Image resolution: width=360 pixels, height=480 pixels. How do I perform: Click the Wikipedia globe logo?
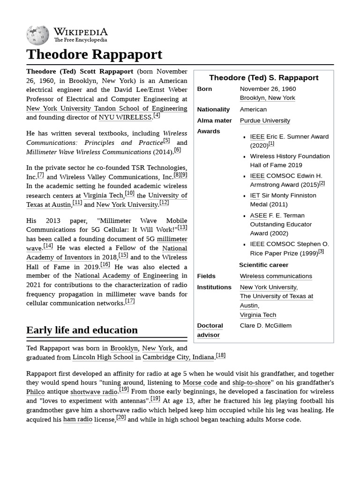pyautogui.click(x=37, y=35)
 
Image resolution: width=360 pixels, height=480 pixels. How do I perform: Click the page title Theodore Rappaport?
pyautogui.click(x=94, y=54)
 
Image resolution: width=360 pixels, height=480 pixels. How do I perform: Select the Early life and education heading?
pyautogui.click(x=82, y=330)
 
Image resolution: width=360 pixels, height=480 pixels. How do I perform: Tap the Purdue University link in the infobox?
pyautogui.click(x=265, y=120)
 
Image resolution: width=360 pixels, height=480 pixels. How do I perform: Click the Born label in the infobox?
pyautogui.click(x=204, y=89)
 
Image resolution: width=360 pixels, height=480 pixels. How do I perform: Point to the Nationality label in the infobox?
pyautogui.click(x=213, y=109)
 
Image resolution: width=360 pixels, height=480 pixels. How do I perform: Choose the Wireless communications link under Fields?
pyautogui.click(x=276, y=276)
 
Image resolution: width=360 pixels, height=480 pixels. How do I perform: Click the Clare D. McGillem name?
pyautogui.click(x=265, y=325)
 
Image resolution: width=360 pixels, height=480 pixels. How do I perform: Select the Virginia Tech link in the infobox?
pyautogui.click(x=258, y=315)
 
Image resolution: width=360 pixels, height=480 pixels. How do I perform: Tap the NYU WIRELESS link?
pyautogui.click(x=125, y=117)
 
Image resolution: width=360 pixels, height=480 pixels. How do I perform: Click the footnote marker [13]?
pyautogui.click(x=182, y=227)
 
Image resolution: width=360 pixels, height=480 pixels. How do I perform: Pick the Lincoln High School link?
pyautogui.click(x=103, y=357)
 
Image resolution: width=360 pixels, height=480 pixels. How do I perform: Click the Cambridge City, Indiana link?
pyautogui.click(x=178, y=357)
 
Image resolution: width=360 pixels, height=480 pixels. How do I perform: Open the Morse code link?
pyautogui.click(x=200, y=382)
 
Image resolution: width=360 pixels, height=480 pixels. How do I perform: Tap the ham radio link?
pyautogui.click(x=78, y=419)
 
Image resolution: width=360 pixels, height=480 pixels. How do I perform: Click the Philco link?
pyautogui.click(x=36, y=391)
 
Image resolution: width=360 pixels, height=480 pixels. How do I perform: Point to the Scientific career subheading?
pyautogui.click(x=263, y=265)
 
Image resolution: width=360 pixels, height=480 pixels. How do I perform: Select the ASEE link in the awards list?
pyautogui.click(x=258, y=215)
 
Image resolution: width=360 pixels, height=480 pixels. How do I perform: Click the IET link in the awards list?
pyautogui.click(x=255, y=195)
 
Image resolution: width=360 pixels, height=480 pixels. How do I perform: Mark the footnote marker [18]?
pyautogui.click(x=220, y=355)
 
